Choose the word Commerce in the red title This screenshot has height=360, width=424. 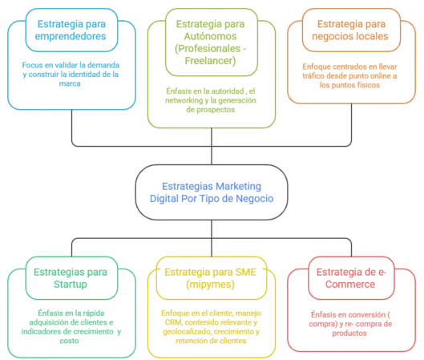tap(353, 285)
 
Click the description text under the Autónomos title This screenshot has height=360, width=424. tap(212, 101)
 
